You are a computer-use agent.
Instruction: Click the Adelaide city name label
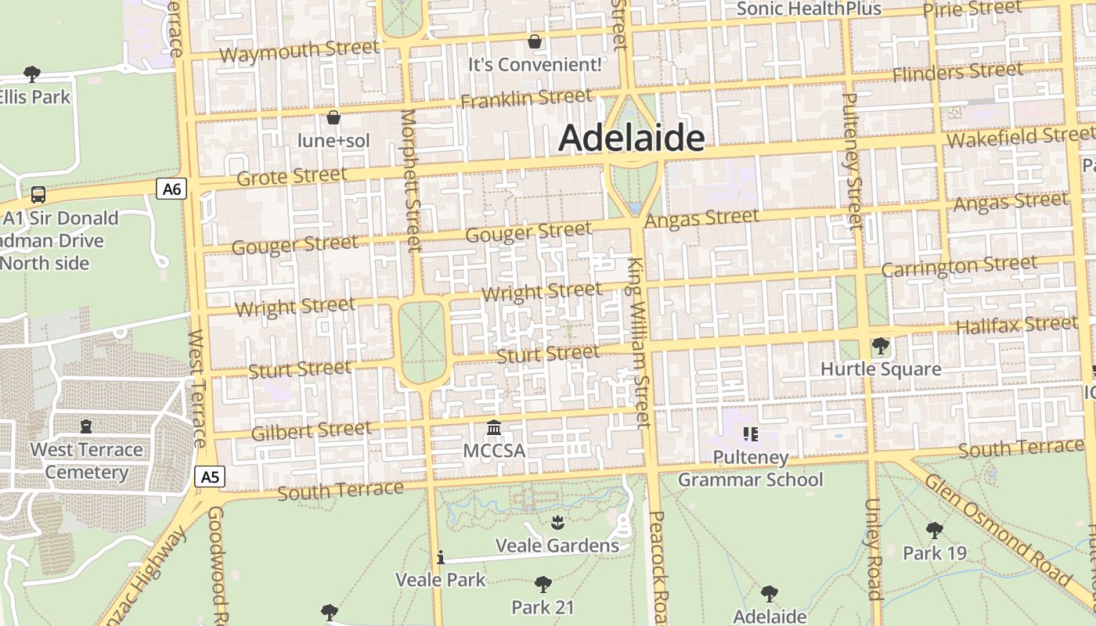coord(631,139)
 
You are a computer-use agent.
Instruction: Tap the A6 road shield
coord(172,189)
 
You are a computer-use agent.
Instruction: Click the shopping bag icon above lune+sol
coord(333,118)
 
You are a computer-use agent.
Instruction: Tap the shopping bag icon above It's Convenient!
coord(535,41)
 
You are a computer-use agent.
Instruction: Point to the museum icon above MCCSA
coord(494,428)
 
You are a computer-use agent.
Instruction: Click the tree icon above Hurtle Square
coord(881,345)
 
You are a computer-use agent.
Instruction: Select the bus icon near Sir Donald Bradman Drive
coord(38,194)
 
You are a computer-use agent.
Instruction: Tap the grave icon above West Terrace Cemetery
coord(86,426)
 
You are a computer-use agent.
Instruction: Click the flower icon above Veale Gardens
coord(557,522)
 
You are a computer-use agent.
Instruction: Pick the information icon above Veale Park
coord(441,557)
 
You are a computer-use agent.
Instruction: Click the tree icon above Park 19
coord(934,531)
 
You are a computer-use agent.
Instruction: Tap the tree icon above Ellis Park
coord(32,74)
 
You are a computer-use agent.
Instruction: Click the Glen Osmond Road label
coord(996,528)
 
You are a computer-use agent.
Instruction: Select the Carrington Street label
coord(959,266)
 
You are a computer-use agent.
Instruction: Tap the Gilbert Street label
coord(312,430)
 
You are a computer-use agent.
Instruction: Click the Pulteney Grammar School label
coord(750,468)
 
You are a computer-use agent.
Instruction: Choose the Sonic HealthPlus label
coord(809,9)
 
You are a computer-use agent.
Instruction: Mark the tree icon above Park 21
coord(543,584)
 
